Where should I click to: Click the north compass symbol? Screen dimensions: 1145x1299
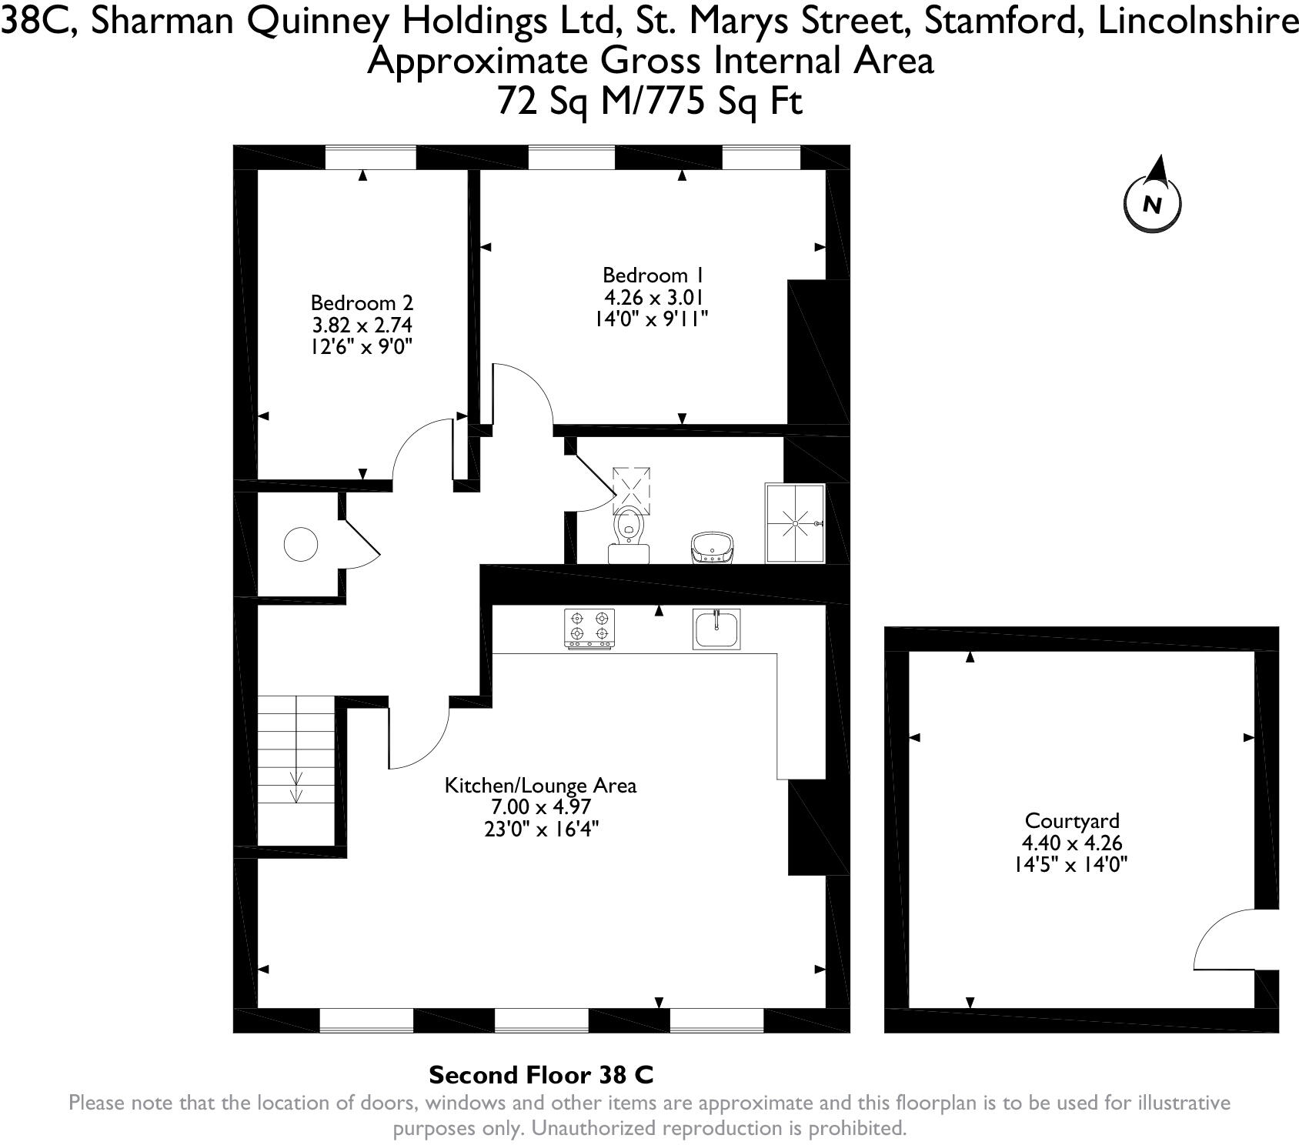point(1152,202)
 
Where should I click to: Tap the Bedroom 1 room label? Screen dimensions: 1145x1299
point(653,275)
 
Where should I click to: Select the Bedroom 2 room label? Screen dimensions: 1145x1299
point(362,302)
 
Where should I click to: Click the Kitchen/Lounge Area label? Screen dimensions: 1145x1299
point(540,786)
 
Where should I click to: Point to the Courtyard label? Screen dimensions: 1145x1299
point(1071,820)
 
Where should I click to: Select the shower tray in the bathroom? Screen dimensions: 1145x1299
point(795,523)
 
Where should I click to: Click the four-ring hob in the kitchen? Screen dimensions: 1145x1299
point(590,627)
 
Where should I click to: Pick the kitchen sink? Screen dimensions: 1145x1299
point(716,629)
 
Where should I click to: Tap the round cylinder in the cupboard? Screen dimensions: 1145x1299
point(301,545)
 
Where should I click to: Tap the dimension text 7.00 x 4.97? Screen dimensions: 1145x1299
point(540,807)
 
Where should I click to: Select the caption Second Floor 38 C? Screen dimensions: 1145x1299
point(541,1074)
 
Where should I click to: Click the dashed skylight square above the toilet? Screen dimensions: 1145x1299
point(631,490)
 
